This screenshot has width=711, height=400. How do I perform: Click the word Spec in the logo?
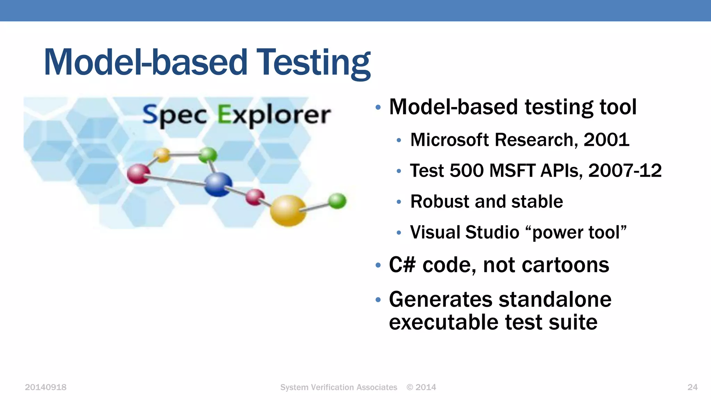pos(175,115)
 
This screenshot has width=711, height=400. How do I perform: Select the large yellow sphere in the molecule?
pos(288,210)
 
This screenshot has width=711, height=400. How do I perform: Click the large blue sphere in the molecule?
pos(218,184)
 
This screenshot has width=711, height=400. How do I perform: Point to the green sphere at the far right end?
pos(337,201)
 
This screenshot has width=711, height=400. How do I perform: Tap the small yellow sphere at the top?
pos(162,155)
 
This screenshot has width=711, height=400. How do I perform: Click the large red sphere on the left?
pos(138,174)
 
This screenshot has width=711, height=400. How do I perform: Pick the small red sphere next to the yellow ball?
pos(255,197)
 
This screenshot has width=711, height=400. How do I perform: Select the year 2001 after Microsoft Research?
pos(606,140)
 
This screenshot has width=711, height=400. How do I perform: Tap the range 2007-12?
pos(625,171)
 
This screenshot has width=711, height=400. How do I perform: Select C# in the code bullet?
pos(402,265)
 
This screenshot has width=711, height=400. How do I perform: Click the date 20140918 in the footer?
pos(45,387)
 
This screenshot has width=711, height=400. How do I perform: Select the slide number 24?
pos(692,387)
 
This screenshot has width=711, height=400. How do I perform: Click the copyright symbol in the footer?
pos(410,387)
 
